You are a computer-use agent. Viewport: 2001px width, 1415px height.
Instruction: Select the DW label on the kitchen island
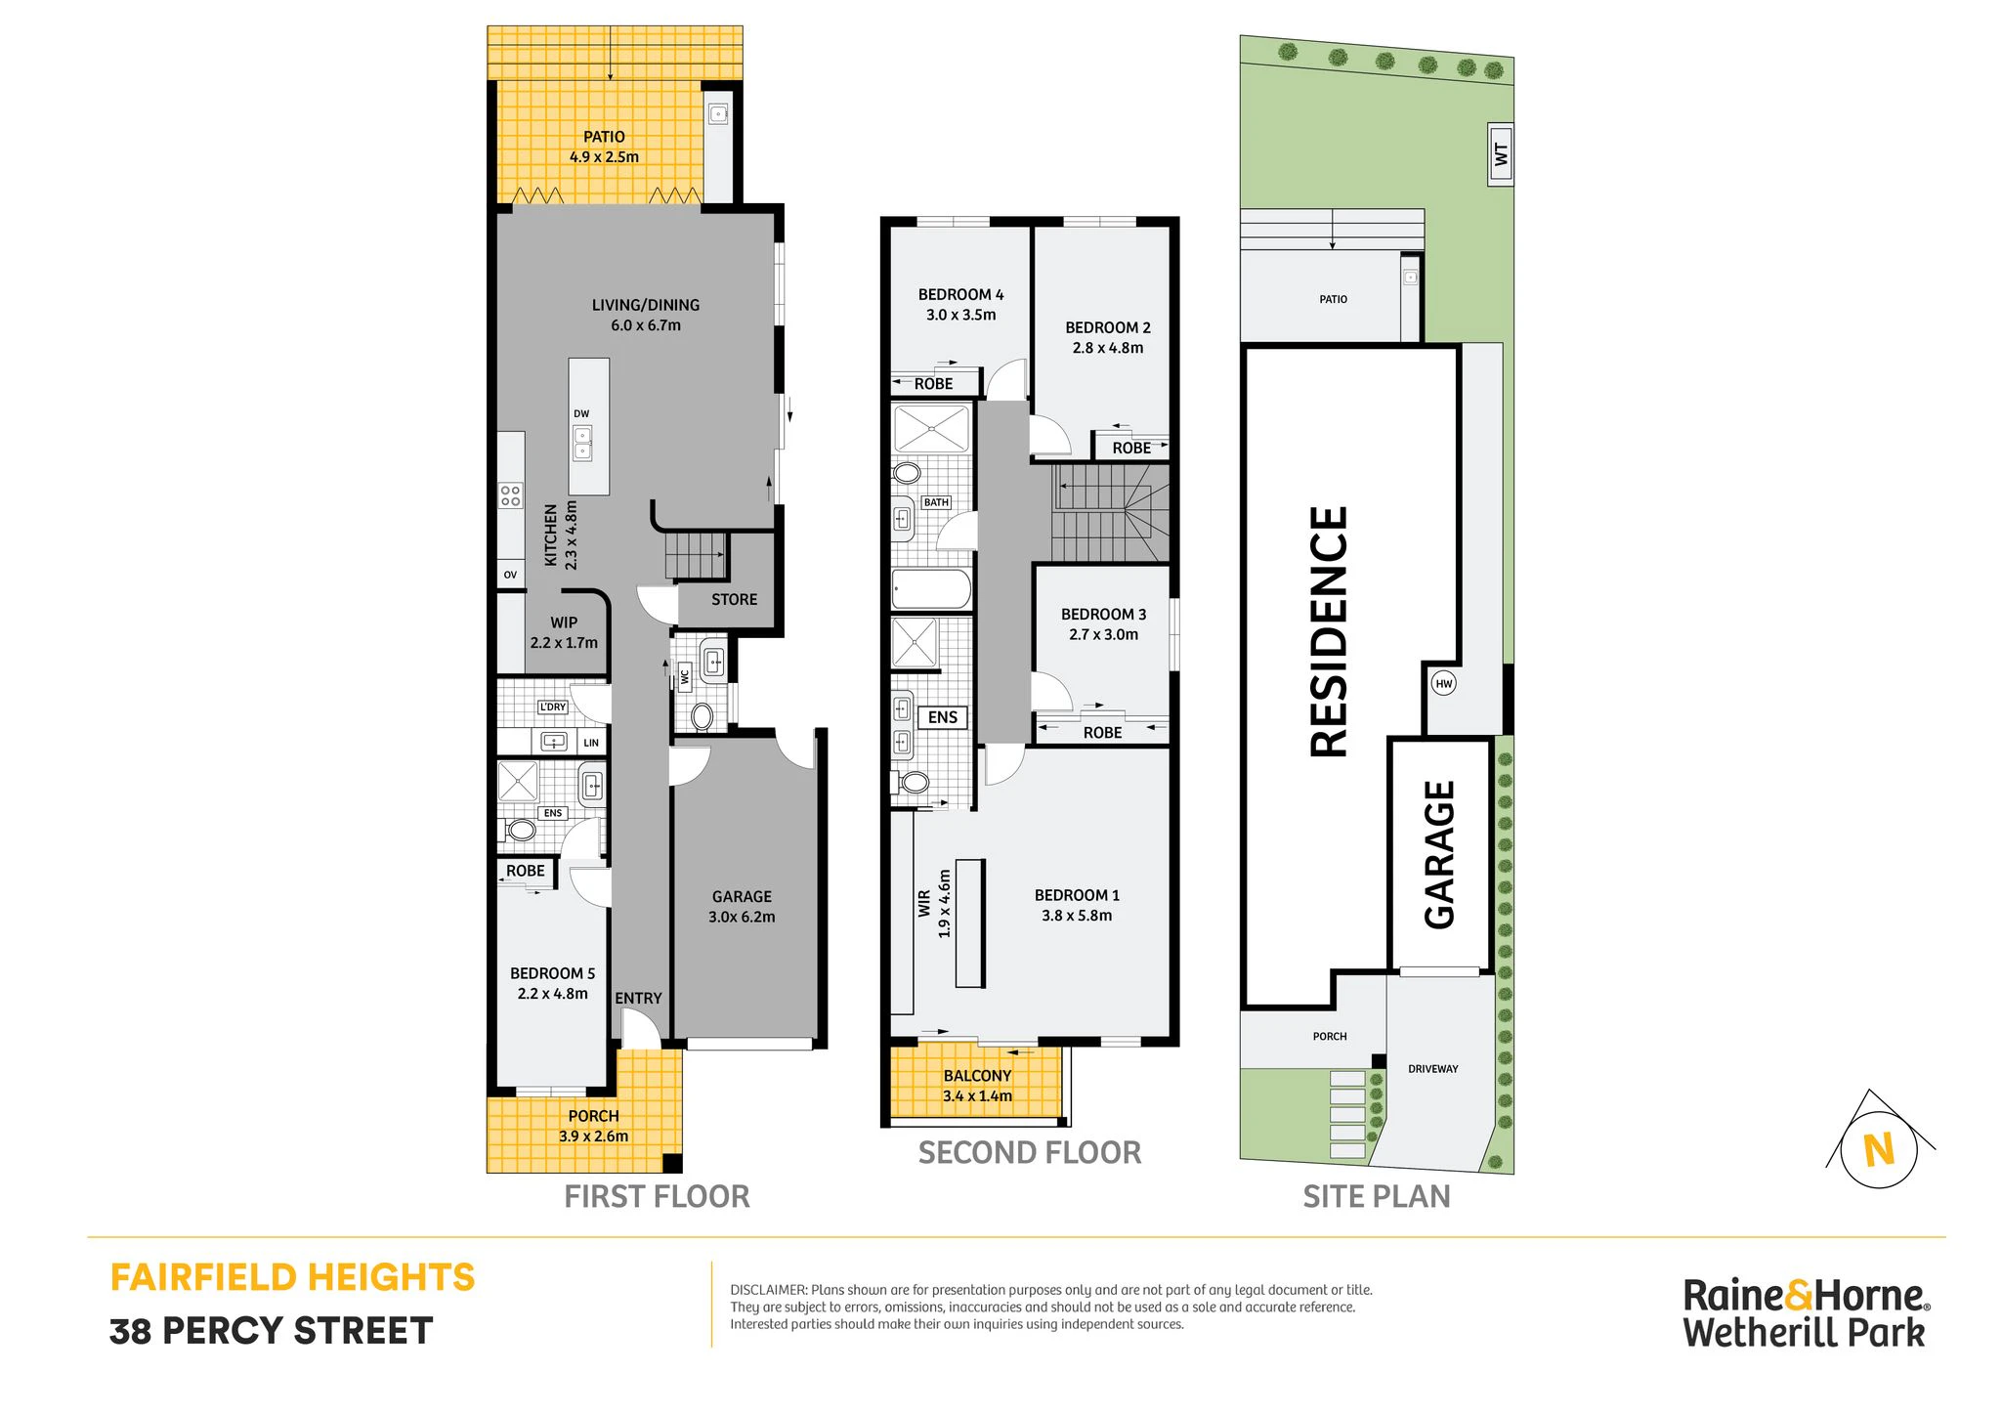(581, 414)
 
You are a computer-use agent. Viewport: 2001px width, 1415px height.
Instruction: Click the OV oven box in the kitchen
(511, 575)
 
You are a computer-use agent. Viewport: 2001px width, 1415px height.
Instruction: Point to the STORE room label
(734, 600)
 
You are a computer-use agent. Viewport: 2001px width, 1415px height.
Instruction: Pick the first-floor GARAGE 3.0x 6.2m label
(742, 907)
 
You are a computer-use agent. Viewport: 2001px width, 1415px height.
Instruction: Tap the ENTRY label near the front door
(638, 998)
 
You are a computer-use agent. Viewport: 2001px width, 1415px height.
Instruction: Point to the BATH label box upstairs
(936, 502)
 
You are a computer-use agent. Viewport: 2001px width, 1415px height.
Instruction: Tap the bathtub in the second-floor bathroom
(931, 590)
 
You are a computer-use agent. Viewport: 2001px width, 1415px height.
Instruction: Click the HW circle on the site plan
(1444, 683)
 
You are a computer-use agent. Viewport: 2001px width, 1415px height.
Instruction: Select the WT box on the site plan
(1501, 153)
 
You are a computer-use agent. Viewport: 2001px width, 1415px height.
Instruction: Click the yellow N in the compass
(1879, 1150)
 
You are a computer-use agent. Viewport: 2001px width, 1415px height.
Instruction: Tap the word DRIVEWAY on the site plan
(1433, 1069)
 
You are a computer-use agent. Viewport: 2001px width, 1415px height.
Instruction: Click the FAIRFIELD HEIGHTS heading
(292, 1278)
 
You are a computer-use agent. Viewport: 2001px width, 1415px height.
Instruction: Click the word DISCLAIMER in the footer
(768, 1290)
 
